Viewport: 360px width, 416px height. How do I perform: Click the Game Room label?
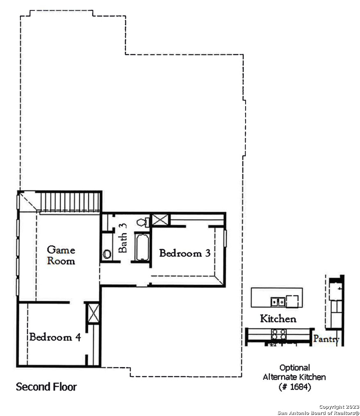click(61, 255)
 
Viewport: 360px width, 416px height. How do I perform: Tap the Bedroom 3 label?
click(185, 253)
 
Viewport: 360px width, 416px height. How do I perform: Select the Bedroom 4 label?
click(55, 337)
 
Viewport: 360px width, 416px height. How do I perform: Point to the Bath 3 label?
click(123, 238)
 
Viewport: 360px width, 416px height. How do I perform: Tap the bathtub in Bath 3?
click(143, 247)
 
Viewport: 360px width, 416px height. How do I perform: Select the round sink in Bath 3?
click(107, 254)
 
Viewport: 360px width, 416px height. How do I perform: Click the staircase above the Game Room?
click(70, 202)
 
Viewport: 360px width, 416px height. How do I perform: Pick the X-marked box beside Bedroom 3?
click(160, 220)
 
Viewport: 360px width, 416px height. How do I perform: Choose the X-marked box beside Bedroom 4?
click(93, 313)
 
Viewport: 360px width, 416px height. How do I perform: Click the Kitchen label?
click(278, 319)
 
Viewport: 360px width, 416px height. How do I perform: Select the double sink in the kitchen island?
click(278, 302)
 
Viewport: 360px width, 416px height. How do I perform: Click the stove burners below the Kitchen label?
click(279, 334)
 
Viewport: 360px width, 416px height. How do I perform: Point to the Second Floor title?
click(46, 387)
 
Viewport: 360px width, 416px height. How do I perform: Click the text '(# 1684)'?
click(295, 387)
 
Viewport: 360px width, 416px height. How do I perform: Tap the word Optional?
click(295, 368)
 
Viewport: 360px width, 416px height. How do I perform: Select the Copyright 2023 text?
click(339, 407)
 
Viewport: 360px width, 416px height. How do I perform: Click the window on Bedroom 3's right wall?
click(225, 238)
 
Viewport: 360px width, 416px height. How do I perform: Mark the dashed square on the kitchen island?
click(292, 301)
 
